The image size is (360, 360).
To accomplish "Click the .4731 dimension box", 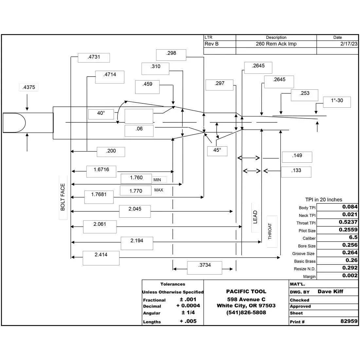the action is tap(94, 58).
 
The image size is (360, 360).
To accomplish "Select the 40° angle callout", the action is tap(101, 114).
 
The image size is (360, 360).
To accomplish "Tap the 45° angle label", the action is tap(217, 151).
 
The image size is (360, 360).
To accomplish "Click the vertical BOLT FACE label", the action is tap(63, 197).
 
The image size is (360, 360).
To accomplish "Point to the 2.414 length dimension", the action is tap(101, 258).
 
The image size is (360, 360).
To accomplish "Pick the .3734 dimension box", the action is tap(205, 268).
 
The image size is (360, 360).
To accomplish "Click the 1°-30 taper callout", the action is tap(337, 102).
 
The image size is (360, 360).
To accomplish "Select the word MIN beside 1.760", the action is tap(157, 180).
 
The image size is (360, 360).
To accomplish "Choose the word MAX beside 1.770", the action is tap(159, 190).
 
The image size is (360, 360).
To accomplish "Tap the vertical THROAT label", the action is tap(270, 231).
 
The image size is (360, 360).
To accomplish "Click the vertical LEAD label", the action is tap(255, 217).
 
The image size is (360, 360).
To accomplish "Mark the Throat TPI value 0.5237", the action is tap(348, 222).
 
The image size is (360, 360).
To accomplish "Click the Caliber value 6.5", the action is tap(353, 237).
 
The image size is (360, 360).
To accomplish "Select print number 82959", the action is tap(349, 321).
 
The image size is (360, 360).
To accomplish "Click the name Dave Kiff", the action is tap(331, 291).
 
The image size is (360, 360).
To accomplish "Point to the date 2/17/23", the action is tap(349, 44).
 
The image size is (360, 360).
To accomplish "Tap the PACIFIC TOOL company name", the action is tap(246, 291).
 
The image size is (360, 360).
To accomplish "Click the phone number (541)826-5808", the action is tap(246, 313).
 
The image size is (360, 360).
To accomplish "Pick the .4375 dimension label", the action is tap(29, 87).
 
